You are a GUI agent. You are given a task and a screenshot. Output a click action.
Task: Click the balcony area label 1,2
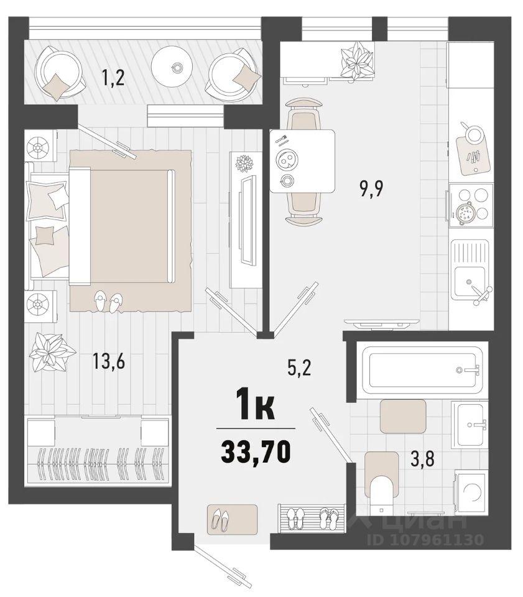click(x=113, y=78)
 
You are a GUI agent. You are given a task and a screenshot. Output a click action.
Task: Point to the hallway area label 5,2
click(x=299, y=368)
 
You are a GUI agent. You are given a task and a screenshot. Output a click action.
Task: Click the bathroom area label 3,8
click(x=422, y=459)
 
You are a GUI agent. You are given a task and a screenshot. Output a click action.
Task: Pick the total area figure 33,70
click(x=256, y=452)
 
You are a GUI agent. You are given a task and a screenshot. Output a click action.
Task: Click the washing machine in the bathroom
click(x=471, y=491)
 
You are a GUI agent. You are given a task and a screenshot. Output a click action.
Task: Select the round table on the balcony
click(x=175, y=67)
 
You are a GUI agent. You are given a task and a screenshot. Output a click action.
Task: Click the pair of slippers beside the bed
click(x=108, y=301)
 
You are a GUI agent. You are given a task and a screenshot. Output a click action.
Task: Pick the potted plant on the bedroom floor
click(x=50, y=353)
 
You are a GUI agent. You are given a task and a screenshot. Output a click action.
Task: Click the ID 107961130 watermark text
click(x=425, y=539)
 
